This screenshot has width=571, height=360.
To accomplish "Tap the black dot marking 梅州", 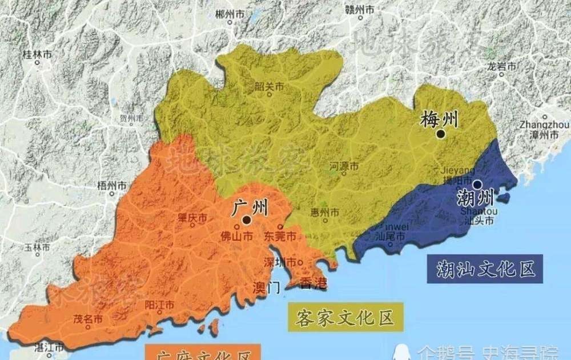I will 440,134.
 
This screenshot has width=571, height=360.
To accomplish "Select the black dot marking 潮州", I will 477,184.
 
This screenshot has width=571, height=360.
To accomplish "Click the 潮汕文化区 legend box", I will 483,268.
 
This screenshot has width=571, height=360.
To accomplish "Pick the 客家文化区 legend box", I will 345,318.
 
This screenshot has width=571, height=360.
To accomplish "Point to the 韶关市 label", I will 270,87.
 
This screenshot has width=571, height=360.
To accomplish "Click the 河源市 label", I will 344,166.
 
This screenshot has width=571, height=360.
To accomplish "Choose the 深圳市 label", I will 279,262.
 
